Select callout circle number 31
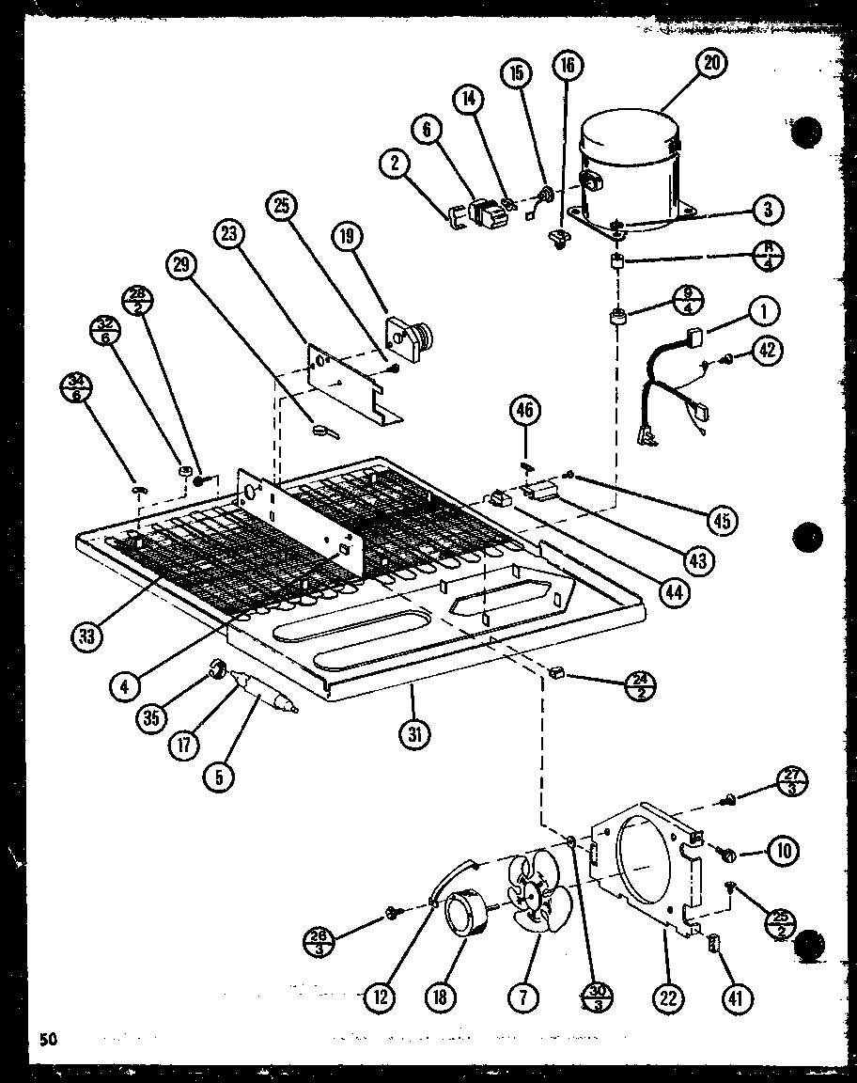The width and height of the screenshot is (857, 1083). click(x=412, y=731)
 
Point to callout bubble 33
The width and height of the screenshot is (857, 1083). click(x=87, y=636)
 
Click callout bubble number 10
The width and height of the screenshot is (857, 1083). click(x=783, y=852)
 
